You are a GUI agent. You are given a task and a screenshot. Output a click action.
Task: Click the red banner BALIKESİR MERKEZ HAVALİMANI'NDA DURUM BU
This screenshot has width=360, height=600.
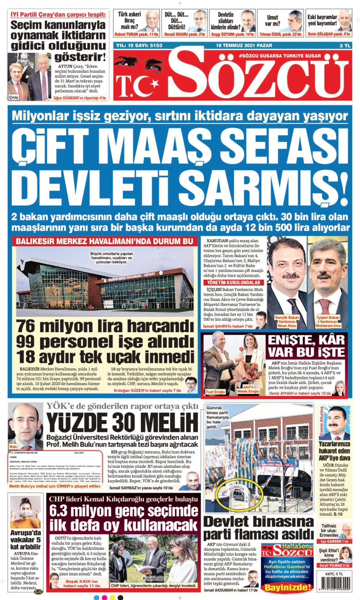(105, 241)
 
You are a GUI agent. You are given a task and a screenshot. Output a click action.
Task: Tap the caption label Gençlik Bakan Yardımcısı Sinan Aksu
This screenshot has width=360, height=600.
(287, 321)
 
